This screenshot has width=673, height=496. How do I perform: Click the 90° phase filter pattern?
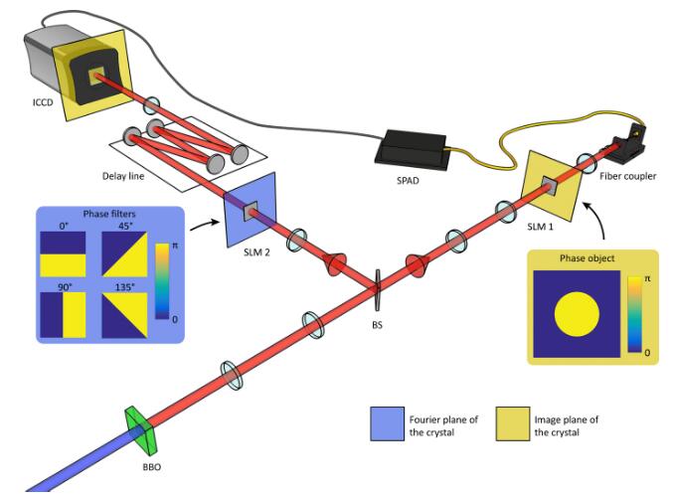[x=64, y=315]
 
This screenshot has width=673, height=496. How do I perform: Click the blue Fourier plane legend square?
[x=386, y=425]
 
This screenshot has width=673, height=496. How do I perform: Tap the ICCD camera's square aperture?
[x=97, y=77]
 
